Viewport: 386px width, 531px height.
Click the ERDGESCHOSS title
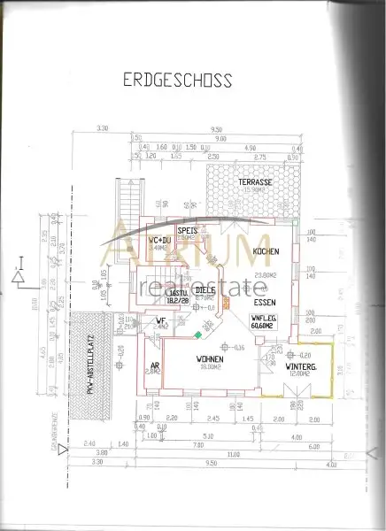[177, 81]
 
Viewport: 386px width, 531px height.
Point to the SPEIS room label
[187, 230]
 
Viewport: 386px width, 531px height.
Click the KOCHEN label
[266, 252]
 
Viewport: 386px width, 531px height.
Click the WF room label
[161, 320]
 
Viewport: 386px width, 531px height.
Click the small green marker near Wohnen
[198, 334]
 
